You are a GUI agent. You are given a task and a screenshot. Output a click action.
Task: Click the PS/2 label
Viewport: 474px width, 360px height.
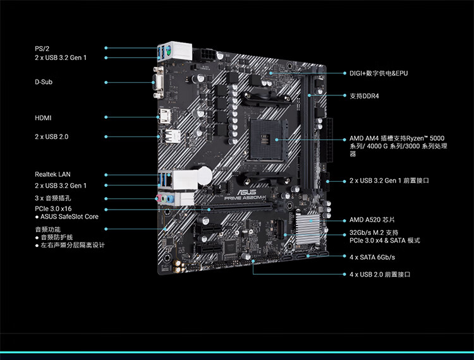(42, 48)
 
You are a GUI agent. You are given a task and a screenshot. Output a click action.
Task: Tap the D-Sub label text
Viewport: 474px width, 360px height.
(44, 82)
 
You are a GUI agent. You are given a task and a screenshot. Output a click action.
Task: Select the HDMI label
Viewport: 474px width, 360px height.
(43, 117)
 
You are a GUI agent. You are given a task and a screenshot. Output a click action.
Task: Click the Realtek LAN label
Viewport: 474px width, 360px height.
(52, 174)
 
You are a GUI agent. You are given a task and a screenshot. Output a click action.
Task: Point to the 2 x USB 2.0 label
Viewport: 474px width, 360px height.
(51, 136)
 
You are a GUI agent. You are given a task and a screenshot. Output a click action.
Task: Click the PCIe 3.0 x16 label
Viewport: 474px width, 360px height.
(53, 208)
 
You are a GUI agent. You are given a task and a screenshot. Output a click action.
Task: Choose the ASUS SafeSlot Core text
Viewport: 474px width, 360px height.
(69, 217)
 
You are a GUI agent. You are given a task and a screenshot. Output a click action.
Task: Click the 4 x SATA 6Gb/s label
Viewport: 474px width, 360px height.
(372, 257)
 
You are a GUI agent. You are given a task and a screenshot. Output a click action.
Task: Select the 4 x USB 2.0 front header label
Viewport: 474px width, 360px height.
(380, 275)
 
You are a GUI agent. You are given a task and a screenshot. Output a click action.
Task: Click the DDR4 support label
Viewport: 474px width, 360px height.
(368, 96)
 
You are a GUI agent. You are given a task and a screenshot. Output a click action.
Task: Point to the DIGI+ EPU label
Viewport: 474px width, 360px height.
(379, 73)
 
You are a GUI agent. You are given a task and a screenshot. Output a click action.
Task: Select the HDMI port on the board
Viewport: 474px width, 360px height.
(164, 117)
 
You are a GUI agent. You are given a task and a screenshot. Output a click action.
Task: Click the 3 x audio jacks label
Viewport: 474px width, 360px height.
(52, 198)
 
